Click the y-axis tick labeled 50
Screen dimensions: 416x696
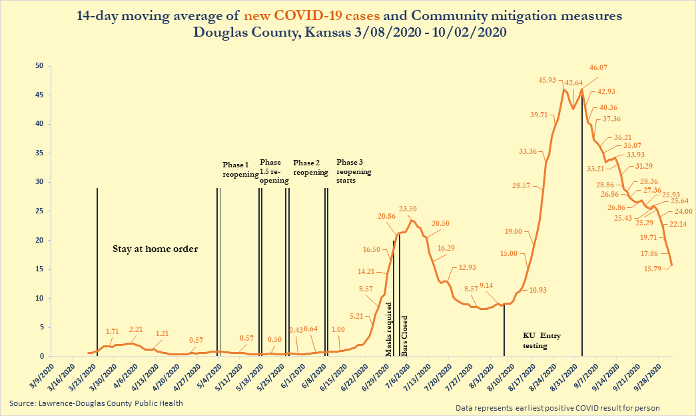click(x=39, y=66)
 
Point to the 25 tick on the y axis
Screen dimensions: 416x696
click(x=39, y=211)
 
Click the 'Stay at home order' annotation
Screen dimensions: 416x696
click(x=155, y=249)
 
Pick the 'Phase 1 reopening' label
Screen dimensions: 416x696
click(x=240, y=169)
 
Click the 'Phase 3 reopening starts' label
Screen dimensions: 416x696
click(x=354, y=171)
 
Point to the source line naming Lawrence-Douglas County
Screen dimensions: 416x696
click(x=96, y=403)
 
